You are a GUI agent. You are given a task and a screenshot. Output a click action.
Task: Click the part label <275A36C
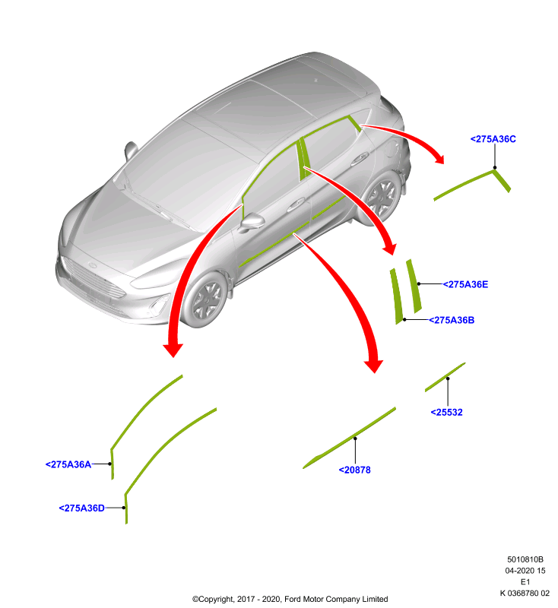coord(493,139)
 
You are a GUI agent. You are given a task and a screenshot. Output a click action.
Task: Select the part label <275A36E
coord(465,284)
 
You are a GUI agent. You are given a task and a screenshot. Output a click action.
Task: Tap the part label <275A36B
coord(452,320)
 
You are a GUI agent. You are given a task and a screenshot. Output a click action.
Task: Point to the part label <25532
coord(447,412)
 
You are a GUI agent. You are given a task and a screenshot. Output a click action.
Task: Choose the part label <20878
coord(355,470)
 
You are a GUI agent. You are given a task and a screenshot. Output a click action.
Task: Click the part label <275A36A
coord(68,464)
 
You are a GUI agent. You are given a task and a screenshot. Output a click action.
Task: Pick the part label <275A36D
coord(82,508)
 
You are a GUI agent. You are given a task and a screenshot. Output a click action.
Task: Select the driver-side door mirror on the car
coord(252,222)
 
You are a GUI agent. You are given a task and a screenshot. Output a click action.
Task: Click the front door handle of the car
coord(296,204)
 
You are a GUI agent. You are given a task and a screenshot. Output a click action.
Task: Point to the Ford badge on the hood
coord(92,265)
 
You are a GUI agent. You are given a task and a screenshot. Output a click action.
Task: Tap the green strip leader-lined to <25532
coord(445,377)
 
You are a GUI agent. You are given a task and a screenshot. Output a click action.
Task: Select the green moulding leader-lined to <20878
coord(349,439)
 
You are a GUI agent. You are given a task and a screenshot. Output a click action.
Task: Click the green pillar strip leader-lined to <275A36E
coord(414,287)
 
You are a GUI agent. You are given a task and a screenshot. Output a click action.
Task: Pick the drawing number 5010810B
coord(525,559)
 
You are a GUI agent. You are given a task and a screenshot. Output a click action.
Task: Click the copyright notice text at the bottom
coord(290,599)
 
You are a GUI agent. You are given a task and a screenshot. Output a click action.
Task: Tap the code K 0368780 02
coord(525,593)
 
